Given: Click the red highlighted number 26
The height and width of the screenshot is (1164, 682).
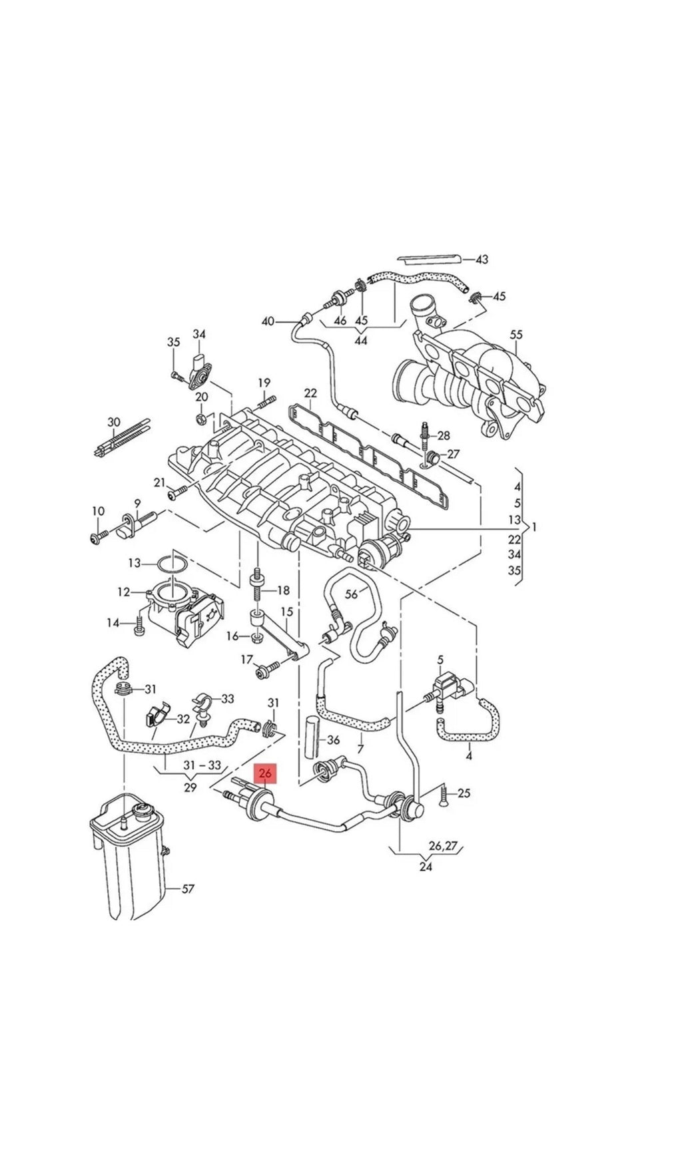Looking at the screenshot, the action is [265, 773].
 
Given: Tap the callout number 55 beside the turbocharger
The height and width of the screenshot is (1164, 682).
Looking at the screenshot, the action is [517, 334].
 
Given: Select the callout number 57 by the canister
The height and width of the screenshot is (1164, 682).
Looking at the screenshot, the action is [188, 888].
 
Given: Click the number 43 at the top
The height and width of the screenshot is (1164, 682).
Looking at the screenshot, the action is [482, 259].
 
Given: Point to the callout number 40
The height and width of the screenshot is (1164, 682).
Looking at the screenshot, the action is [268, 321].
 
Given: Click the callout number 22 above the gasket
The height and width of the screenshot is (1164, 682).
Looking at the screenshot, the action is [311, 393].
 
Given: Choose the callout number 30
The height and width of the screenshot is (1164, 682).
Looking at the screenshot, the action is [114, 422].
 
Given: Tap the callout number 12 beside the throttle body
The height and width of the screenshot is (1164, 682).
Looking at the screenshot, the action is [124, 592].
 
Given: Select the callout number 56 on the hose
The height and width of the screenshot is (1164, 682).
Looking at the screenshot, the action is [351, 594].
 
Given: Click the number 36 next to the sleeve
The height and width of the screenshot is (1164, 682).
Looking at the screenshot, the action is [334, 739].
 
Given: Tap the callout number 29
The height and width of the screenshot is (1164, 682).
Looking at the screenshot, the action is [190, 787].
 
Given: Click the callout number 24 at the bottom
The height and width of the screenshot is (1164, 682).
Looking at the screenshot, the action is [426, 867].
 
